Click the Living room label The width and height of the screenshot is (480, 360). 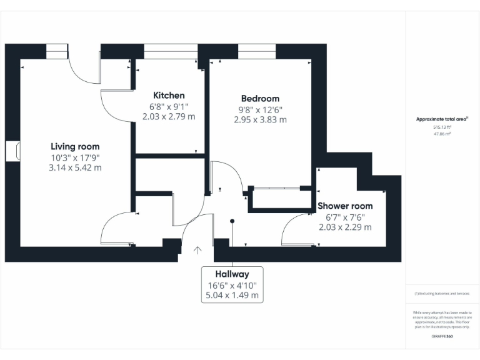[75, 146]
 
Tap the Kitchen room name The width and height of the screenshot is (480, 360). [169, 96]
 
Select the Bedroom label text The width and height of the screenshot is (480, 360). [260, 98]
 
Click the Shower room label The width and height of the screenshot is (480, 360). [345, 206]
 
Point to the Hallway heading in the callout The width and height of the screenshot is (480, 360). [232, 274]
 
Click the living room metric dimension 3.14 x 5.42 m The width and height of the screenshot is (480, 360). [75, 167]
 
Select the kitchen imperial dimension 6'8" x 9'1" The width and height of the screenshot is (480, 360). [169, 106]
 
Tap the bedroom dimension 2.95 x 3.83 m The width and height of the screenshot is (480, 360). [260, 119]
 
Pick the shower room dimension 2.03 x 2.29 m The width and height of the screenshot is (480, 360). [345, 227]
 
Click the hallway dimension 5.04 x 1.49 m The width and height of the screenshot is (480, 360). [232, 295]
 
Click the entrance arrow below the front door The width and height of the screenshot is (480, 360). [197, 251]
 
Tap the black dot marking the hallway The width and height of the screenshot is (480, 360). [232, 221]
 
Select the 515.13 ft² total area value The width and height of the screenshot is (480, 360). [442, 127]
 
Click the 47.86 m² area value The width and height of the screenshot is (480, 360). [442, 133]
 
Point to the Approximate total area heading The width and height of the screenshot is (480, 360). [442, 119]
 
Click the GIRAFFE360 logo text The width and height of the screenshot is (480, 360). [442, 337]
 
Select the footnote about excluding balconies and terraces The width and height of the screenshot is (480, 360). [442, 293]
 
